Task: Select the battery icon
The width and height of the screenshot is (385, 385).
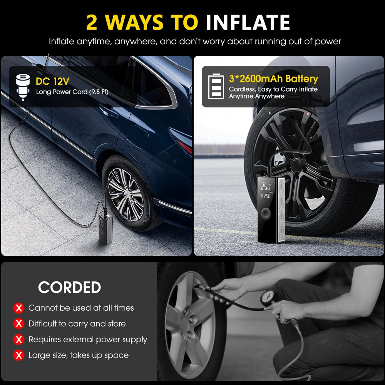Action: pos(216,87)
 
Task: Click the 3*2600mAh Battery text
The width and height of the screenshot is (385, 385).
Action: pos(273,79)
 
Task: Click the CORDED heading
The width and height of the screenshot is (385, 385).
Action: pos(69,287)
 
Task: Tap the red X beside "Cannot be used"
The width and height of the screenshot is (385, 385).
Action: pos(18,308)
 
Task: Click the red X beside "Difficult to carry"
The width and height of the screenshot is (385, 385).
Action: pos(18,324)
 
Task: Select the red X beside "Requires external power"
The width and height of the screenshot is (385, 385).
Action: pos(18,340)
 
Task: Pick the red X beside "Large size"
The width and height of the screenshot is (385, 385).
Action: pos(18,355)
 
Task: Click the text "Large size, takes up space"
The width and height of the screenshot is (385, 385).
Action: pos(79,355)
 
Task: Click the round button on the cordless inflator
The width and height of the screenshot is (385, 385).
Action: pos(266,214)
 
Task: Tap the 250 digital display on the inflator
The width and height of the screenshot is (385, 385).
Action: pos(266,187)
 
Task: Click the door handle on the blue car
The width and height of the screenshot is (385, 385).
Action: pos(109,112)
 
